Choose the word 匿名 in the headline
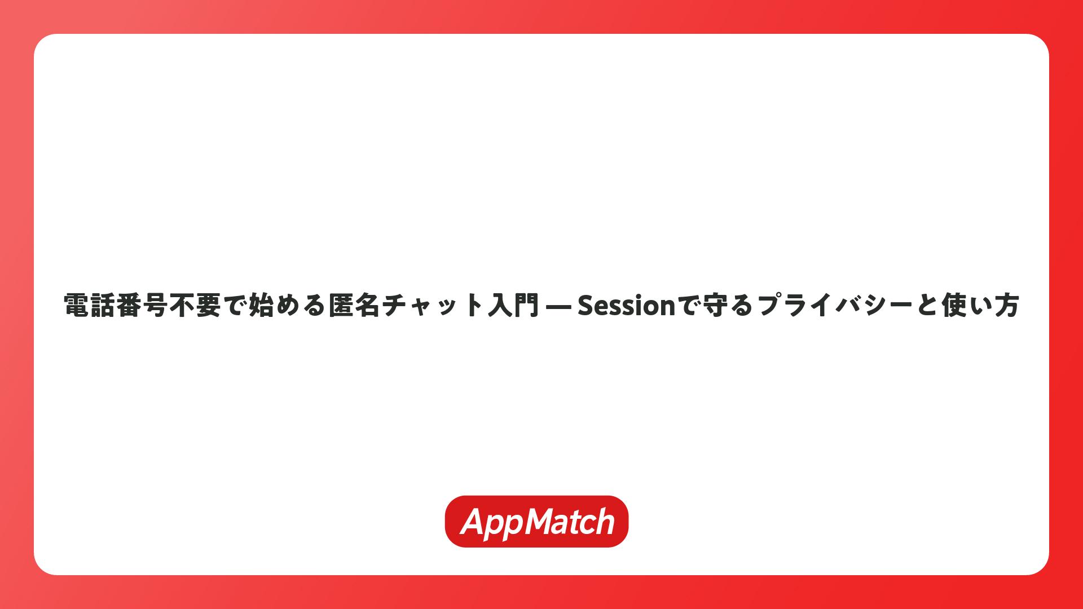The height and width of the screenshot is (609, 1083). pyautogui.click(x=354, y=305)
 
